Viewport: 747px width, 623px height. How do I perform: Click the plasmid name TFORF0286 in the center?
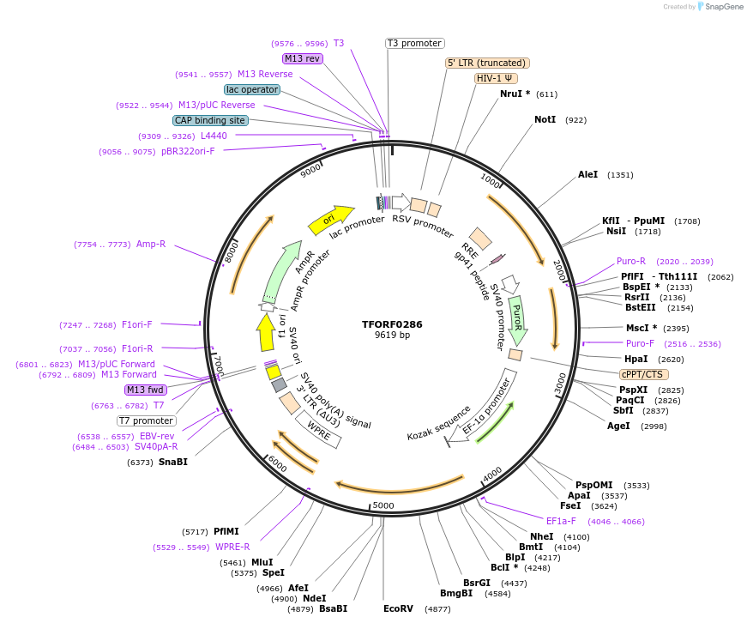click(392, 324)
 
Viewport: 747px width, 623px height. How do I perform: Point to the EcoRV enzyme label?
click(399, 608)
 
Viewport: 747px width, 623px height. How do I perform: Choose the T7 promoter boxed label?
click(147, 420)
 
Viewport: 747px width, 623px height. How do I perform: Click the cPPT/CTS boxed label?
click(644, 374)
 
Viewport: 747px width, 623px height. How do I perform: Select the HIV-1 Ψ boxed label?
click(495, 78)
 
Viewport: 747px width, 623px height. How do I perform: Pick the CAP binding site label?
click(210, 120)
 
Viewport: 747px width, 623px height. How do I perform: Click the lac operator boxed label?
click(252, 89)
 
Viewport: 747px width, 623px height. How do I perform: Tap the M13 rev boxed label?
click(302, 58)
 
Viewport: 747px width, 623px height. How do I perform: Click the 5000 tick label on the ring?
click(383, 505)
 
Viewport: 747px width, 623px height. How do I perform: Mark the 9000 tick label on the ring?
click(310, 170)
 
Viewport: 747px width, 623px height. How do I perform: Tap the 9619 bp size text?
click(392, 336)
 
